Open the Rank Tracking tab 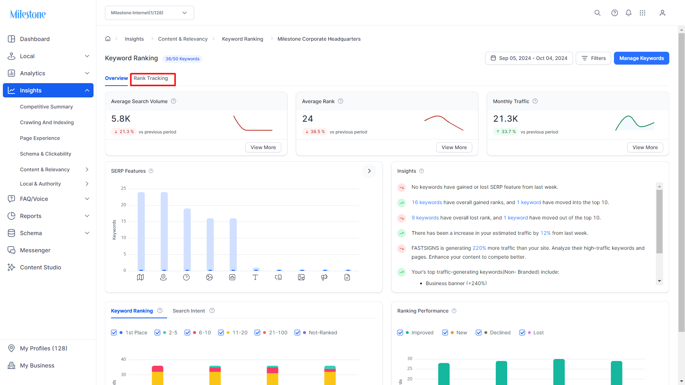pyautogui.click(x=151, y=78)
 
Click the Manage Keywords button pyautogui.click(x=641, y=58)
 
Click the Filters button pyautogui.click(x=593, y=58)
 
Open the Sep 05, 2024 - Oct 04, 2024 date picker pyautogui.click(x=529, y=58)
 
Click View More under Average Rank pyautogui.click(x=454, y=147)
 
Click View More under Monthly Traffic pyautogui.click(x=645, y=147)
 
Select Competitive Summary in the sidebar pyautogui.click(x=46, y=107)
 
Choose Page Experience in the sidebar pyautogui.click(x=40, y=138)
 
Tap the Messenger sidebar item pyautogui.click(x=35, y=250)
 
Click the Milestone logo pyautogui.click(x=28, y=14)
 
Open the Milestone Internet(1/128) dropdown pyautogui.click(x=150, y=13)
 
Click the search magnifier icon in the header pyautogui.click(x=598, y=13)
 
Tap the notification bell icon pyautogui.click(x=629, y=13)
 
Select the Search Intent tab pyautogui.click(x=189, y=311)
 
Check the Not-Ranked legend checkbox pyautogui.click(x=297, y=333)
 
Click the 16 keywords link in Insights pyautogui.click(x=427, y=202)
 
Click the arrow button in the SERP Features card pyautogui.click(x=369, y=171)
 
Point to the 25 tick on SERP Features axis pyautogui.click(x=124, y=188)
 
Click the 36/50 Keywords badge pyautogui.click(x=182, y=59)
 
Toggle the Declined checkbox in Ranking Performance pyautogui.click(x=479, y=333)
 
